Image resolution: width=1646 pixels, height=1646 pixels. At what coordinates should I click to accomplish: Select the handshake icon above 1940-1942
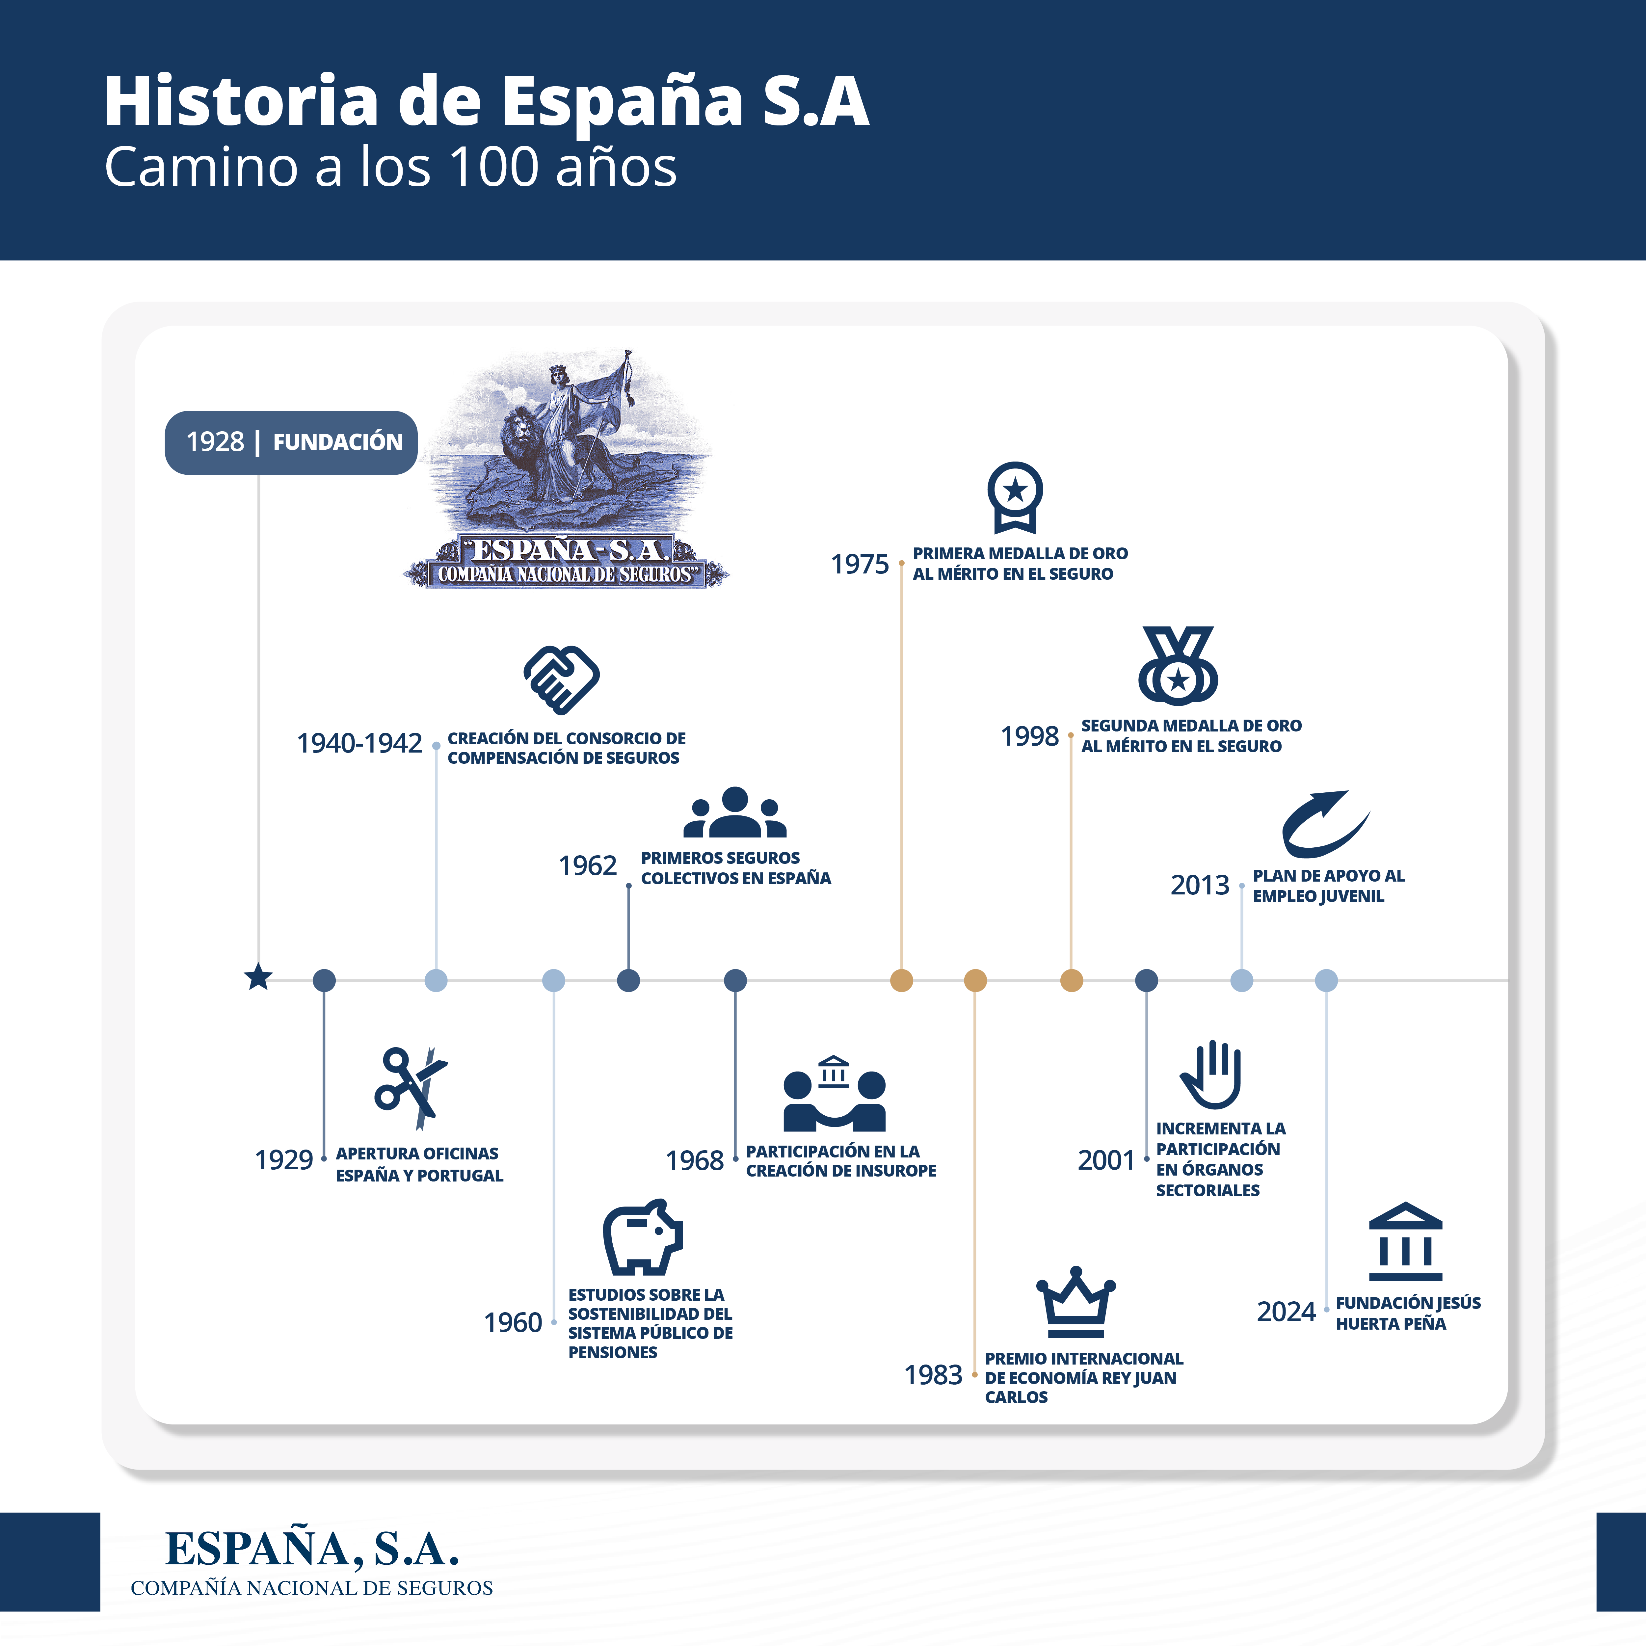coord(561,679)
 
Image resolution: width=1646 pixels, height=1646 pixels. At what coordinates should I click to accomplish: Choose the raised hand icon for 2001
coord(1211,1074)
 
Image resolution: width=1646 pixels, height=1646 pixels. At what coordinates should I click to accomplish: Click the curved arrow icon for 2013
coord(1326,824)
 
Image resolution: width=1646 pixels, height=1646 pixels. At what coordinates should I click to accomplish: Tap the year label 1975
coord(860,564)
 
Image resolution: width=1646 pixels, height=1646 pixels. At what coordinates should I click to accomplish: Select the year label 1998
coord(1029,736)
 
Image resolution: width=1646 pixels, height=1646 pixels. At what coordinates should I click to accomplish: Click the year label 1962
coord(587,865)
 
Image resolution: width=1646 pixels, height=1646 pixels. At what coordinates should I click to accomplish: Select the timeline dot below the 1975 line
coord(901,981)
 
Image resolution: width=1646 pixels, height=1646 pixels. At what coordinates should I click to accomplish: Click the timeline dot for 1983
coord(975,981)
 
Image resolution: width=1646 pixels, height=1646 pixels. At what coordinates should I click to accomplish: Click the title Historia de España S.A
coord(487,101)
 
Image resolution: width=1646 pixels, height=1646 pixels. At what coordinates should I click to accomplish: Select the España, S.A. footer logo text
coord(312,1549)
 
